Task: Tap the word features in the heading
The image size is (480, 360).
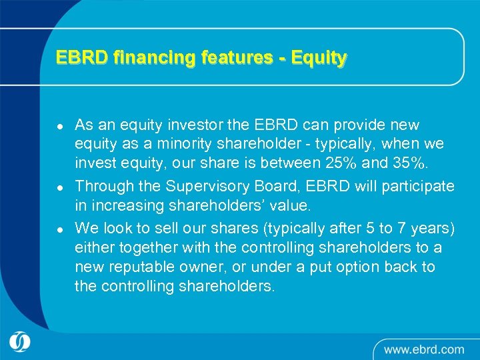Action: (x=232, y=58)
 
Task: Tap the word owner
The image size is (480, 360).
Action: (x=209, y=267)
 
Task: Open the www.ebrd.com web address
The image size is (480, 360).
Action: (x=424, y=349)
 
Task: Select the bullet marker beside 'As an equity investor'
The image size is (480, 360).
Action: (x=60, y=126)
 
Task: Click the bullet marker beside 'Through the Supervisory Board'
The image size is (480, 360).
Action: (x=60, y=187)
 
